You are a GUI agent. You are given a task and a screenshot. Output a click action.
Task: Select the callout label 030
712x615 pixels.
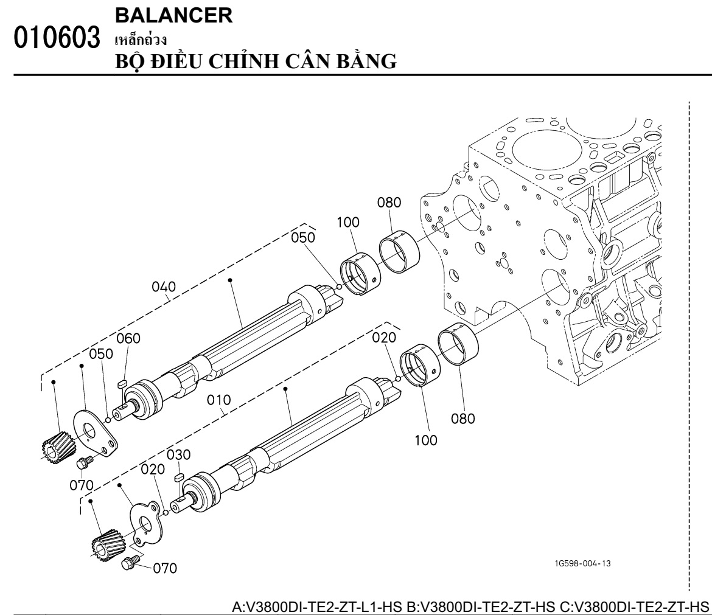point(178,455)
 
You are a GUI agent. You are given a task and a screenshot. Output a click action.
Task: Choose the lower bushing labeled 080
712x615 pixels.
point(459,343)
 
